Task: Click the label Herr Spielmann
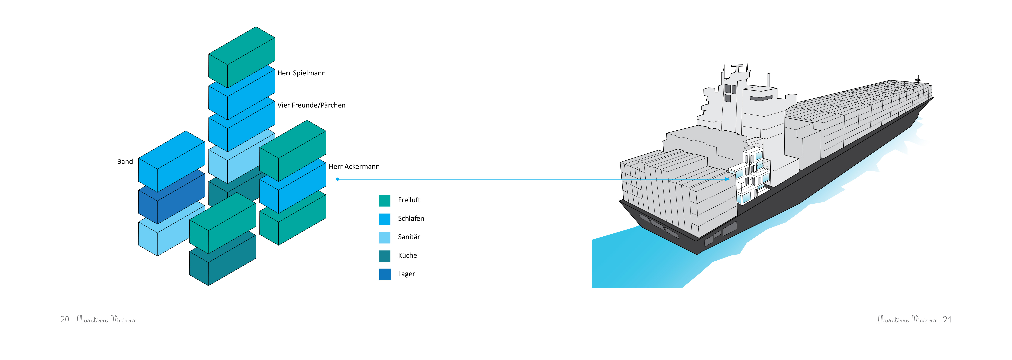(x=301, y=73)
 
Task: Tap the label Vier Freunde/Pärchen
(x=311, y=105)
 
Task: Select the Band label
(x=125, y=161)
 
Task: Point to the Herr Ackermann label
(x=354, y=167)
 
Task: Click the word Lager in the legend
(x=406, y=274)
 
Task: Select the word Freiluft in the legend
(x=409, y=200)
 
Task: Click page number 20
(x=64, y=320)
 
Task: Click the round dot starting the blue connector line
(x=337, y=179)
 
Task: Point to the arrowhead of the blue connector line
(x=728, y=179)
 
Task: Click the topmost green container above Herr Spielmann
(x=241, y=57)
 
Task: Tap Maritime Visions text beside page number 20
(x=105, y=320)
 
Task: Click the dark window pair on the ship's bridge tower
(x=730, y=89)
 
